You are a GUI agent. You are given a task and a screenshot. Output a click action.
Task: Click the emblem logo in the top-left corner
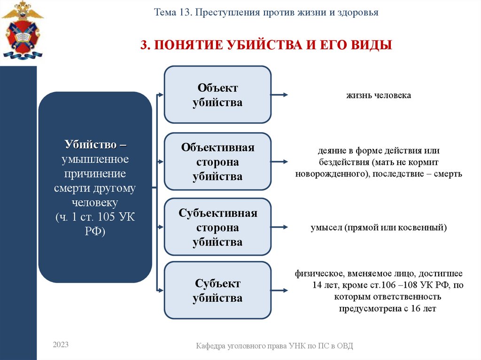22,30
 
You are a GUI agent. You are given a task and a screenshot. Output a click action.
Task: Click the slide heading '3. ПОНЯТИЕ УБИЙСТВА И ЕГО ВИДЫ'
266,45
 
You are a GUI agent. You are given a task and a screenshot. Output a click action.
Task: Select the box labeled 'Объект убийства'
217,95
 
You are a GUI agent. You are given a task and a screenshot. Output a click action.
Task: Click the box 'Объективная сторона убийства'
217,162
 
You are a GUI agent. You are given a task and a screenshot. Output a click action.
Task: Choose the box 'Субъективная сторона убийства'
217,228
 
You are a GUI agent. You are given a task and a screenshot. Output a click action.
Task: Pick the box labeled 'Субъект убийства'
217,291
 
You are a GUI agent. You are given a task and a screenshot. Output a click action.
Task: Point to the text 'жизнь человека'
379,95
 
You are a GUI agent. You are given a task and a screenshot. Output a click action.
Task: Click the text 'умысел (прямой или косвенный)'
378,228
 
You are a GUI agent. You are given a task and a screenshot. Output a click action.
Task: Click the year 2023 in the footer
61,345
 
